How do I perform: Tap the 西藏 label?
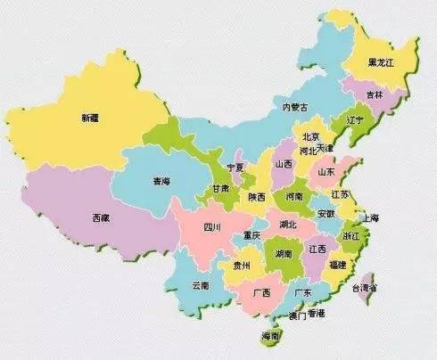(101, 217)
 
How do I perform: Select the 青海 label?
(161, 181)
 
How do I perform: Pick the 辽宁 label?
(354, 119)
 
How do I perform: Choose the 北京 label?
(311, 136)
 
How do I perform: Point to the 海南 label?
(270, 336)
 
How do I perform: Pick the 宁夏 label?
(235, 167)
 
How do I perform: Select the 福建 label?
(336, 265)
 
